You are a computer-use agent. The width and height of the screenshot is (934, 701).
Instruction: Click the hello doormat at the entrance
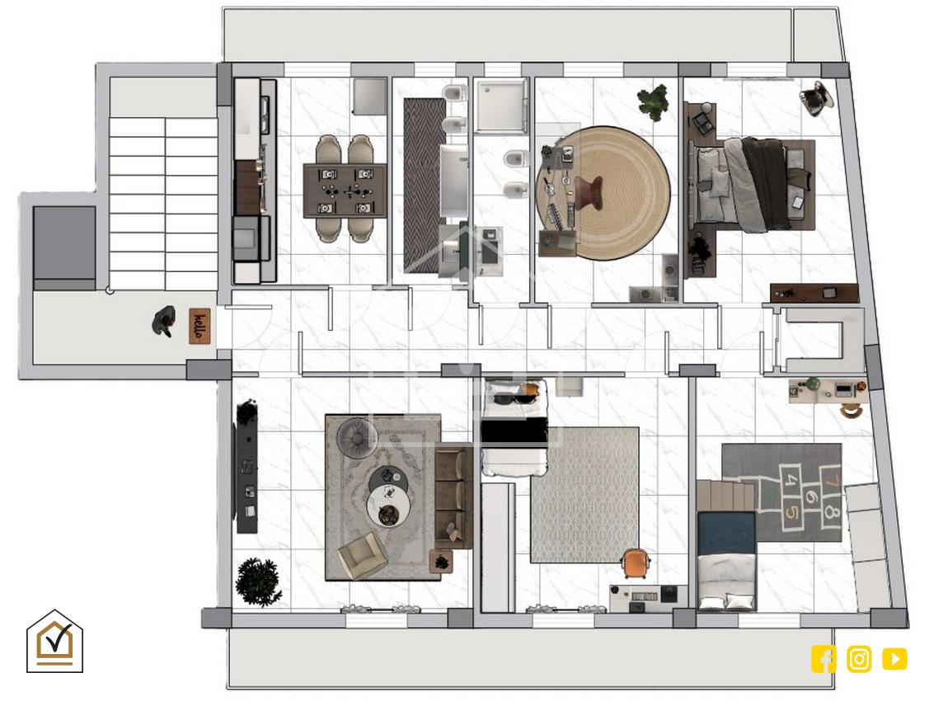point(200,326)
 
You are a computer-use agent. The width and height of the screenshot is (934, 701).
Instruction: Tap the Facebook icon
point(824,659)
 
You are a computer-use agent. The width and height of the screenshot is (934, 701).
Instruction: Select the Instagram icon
point(859,659)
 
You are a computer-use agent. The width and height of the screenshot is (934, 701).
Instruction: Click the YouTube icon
point(894,659)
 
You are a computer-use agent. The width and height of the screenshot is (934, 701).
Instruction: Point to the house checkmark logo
point(54,641)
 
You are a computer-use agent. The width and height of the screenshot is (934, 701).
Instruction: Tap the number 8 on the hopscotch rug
point(832,512)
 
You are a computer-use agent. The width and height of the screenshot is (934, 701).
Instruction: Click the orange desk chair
point(635,562)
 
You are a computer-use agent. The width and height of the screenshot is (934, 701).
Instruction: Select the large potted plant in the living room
point(259,582)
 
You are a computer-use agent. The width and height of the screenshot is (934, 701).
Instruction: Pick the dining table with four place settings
point(345,191)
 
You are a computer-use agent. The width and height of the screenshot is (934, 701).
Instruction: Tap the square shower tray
point(501,106)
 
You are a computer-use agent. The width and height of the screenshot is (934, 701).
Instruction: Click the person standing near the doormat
point(164,322)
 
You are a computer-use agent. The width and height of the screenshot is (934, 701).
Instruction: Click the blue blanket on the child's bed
point(727,533)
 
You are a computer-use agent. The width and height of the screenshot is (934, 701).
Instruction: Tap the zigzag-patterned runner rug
point(425,185)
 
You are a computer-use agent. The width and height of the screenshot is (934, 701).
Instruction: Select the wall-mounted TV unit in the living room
point(247,468)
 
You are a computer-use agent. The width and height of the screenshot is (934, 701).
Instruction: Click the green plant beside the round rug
point(654,101)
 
